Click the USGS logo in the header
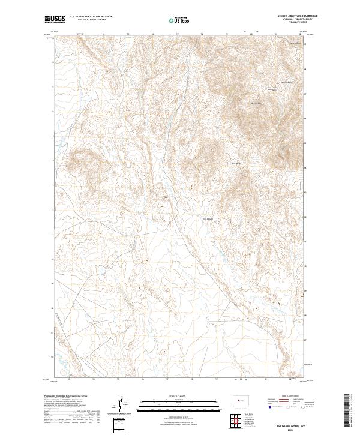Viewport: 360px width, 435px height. pos(55,19)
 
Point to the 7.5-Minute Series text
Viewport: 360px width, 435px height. pos(292,24)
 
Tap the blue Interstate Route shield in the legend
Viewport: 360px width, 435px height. pos(272,407)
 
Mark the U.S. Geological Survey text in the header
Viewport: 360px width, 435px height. pos(84,20)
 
